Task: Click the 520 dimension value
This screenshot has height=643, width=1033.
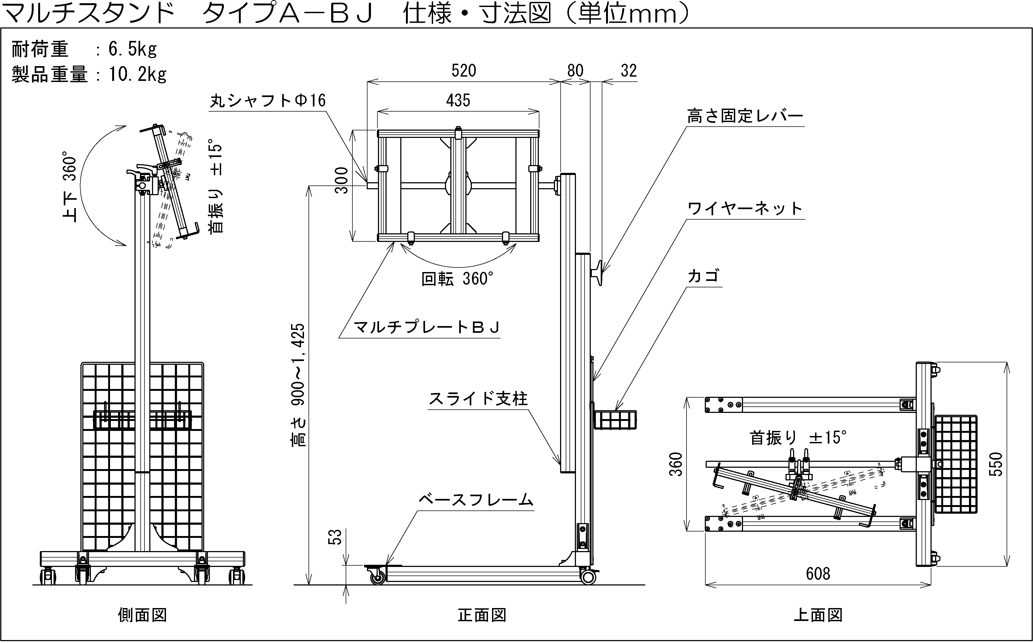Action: [x=464, y=71]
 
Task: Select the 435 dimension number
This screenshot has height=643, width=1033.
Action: [x=458, y=101]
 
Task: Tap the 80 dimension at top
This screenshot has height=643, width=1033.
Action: [x=575, y=71]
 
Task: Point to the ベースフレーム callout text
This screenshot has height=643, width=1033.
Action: [x=476, y=500]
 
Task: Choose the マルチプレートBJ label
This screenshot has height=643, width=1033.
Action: [x=427, y=327]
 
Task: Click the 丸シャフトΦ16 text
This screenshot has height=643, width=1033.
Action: [x=268, y=101]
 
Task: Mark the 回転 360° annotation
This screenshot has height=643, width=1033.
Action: [x=457, y=279]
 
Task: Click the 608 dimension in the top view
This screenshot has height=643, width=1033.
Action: [x=818, y=574]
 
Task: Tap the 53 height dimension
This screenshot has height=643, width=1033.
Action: [x=336, y=537]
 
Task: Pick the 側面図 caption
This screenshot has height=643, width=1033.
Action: [x=142, y=615]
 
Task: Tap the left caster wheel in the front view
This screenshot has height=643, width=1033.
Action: [x=377, y=577]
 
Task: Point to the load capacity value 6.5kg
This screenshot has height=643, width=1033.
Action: [x=132, y=50]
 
